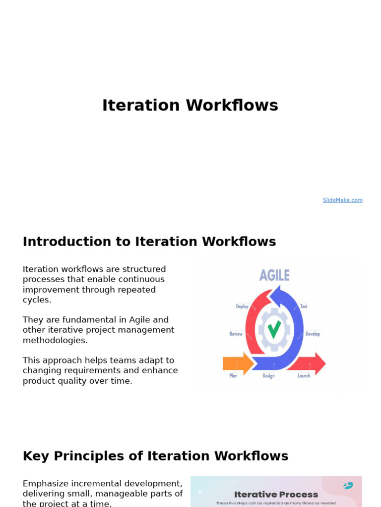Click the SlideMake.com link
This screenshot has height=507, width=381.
click(x=342, y=200)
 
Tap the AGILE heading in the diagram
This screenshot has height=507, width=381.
click(x=274, y=275)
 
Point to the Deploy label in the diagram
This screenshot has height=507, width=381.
click(x=242, y=306)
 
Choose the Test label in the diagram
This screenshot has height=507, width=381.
click(x=304, y=306)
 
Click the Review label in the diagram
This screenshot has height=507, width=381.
click(x=236, y=334)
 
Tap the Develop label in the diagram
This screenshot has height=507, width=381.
click(x=313, y=334)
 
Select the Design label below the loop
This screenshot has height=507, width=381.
click(x=268, y=376)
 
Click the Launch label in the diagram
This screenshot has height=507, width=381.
click(x=304, y=376)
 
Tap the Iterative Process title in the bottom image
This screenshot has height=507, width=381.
click(x=276, y=494)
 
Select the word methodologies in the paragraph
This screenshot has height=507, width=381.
click(x=55, y=340)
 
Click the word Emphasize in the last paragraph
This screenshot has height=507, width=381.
click(x=47, y=483)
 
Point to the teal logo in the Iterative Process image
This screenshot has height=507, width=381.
click(x=348, y=486)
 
